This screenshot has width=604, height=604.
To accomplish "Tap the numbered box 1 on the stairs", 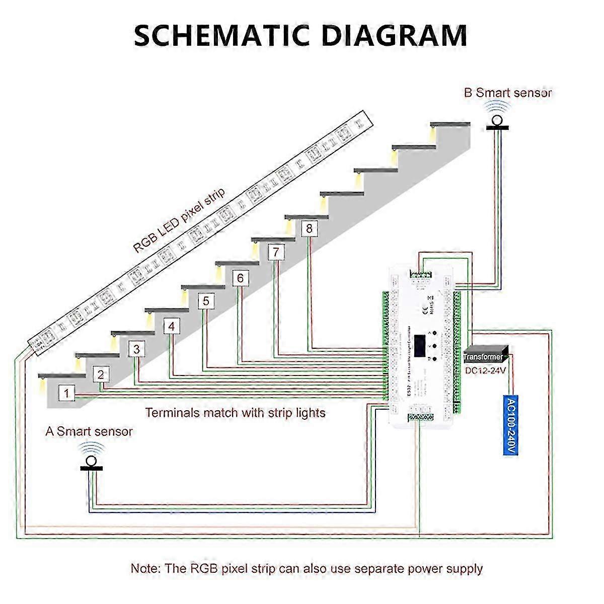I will point(67,393).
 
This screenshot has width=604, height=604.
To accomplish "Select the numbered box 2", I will point(101,374).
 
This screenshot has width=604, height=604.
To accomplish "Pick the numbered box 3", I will point(136,349).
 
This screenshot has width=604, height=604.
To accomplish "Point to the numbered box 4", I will point(172,327).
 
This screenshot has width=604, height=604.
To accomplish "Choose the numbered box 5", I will point(206,301).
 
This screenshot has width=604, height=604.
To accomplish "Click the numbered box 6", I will point(240,278).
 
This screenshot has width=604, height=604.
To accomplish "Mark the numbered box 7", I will point(275,252).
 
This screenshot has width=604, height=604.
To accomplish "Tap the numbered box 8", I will point(309,229).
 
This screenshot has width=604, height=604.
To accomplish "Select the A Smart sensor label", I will point(89,431).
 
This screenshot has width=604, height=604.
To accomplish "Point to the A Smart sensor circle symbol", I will point(91,461).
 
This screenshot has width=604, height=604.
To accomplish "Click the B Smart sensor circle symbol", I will point(497,120).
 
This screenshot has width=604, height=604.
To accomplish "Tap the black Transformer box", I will point(485,355).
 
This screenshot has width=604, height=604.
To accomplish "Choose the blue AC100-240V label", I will point(510,426).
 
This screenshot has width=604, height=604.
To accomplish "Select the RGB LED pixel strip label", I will point(179,220).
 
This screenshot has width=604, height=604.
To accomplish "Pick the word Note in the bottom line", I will point(145,569).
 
